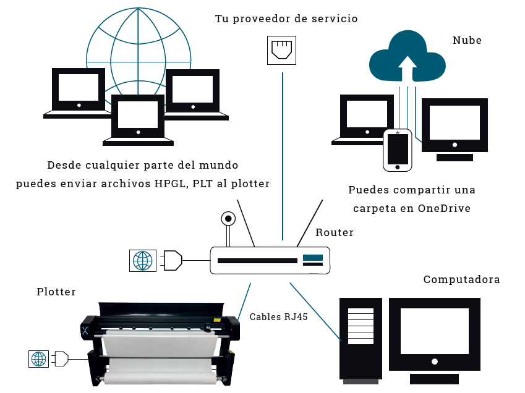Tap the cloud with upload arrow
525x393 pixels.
tap(407, 57)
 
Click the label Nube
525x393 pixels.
tap(467, 41)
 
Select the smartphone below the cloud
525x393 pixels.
tap(398, 150)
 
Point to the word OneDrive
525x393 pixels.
tap(444, 208)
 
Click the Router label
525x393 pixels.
tap(335, 233)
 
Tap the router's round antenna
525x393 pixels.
tap(229, 219)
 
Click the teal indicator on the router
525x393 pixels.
tap(313, 257)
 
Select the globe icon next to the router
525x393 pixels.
tap(142, 260)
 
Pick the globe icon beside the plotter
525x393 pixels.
tap(39, 358)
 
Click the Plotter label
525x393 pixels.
tap(56, 292)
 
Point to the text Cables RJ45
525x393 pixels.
tap(279, 317)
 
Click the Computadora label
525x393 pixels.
tap(461, 280)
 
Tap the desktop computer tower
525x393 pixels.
tap(361, 337)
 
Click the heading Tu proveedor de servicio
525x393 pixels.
tap(286, 19)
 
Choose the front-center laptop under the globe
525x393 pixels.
tap(137, 120)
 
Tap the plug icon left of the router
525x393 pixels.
tap(173, 260)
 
